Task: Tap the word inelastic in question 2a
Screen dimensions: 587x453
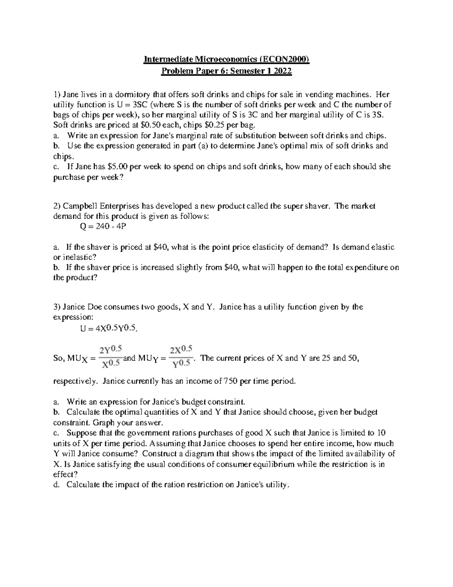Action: tap(79, 257)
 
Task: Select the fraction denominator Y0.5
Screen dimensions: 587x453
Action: tap(181, 364)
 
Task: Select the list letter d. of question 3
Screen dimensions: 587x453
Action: tap(56, 485)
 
